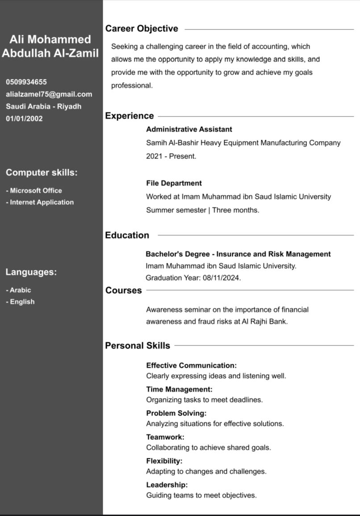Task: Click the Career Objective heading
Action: point(142,29)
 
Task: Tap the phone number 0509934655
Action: point(26,82)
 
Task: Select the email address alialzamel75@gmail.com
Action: point(49,94)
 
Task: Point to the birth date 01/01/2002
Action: point(24,119)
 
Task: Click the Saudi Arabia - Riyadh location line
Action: point(43,107)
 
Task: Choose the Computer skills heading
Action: point(42,173)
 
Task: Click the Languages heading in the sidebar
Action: point(31,272)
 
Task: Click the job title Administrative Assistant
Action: point(189,129)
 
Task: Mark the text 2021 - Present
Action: point(171,157)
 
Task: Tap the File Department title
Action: point(174,183)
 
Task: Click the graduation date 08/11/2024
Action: point(221,278)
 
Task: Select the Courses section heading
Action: point(123,291)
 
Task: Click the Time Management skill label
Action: point(179,390)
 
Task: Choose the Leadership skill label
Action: point(167,485)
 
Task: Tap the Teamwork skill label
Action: point(165,437)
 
